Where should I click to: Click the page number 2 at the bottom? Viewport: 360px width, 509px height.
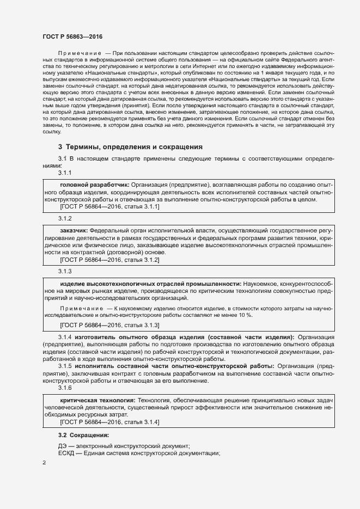coord(44,463)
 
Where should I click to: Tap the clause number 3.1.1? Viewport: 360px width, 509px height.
coord(65,173)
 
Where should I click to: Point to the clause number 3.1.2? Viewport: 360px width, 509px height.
coord(65,218)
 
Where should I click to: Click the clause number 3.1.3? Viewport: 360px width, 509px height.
coord(65,271)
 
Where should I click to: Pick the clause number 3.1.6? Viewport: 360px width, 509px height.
coord(65,388)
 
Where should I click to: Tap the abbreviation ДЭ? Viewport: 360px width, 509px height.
coord(63,446)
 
